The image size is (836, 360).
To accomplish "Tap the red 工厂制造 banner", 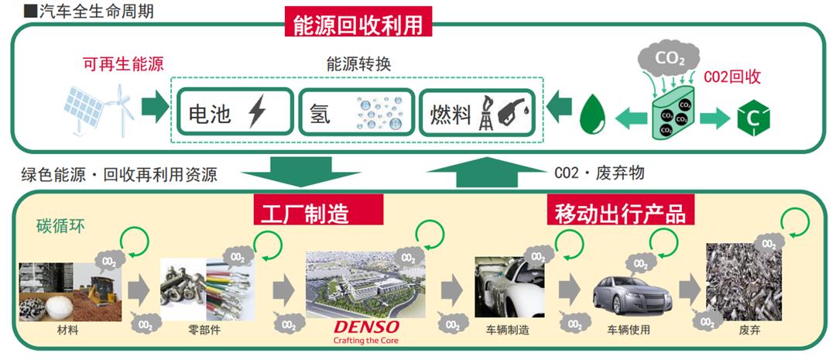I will coord(318,210).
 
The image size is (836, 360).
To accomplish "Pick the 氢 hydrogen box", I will coord(355,113).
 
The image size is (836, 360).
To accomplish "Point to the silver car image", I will coord(628,293).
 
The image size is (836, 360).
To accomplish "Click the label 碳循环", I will coord(55,227).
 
